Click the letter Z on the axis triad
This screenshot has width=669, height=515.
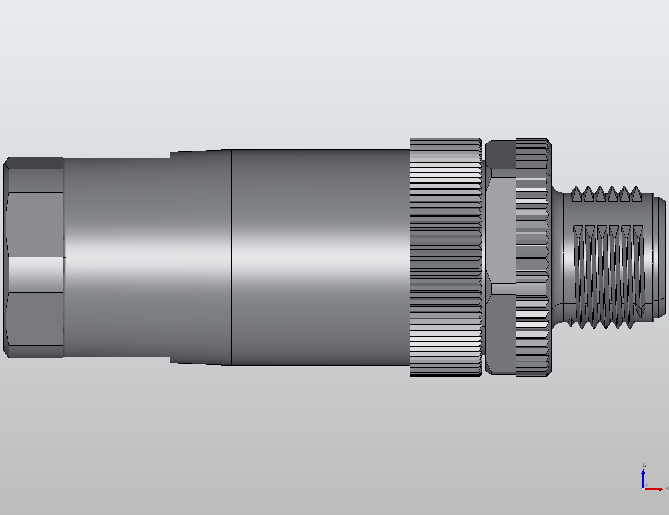coord(644,464)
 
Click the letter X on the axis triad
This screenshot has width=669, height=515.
coord(666,488)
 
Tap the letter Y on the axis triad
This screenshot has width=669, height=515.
coord(646,485)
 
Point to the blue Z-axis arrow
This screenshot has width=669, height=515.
coord(643,477)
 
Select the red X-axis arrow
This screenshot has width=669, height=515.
coord(655,489)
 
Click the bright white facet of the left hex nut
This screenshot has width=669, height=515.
coord(35,274)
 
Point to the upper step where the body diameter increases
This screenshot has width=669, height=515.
coord(171,154)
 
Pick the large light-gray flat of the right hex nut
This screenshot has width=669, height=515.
coord(500,229)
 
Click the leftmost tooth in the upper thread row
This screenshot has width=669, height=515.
coord(577,194)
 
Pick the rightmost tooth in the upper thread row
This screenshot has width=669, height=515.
coord(636,194)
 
